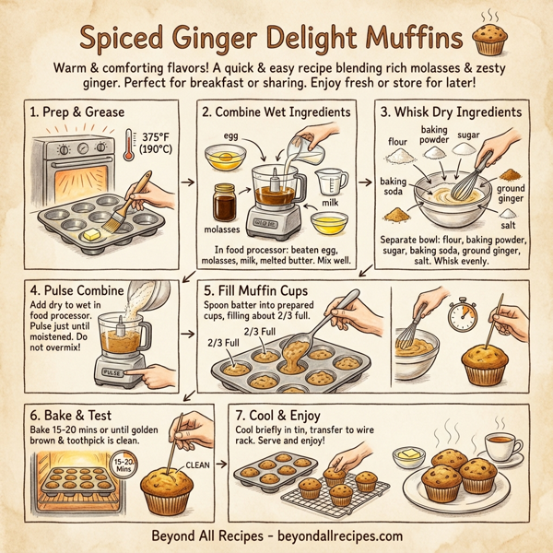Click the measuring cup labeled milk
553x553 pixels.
point(334,183)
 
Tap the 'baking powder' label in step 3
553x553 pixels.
point(434,135)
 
